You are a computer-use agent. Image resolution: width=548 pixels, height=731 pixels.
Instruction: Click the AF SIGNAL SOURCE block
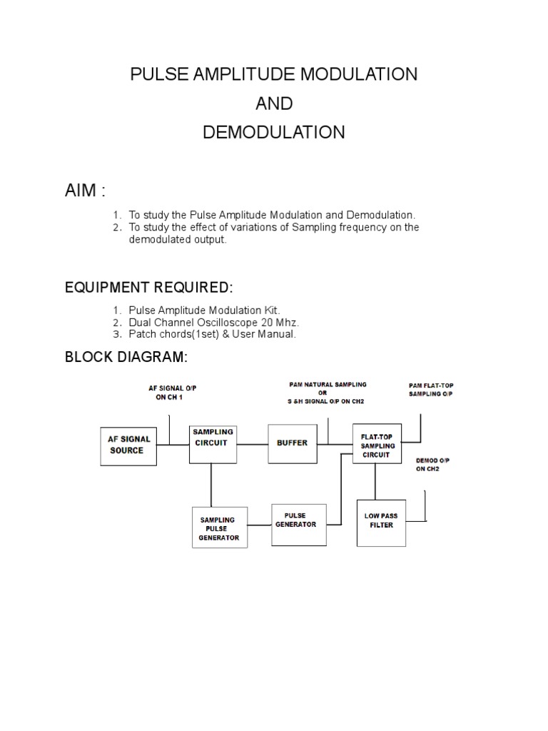pyautogui.click(x=128, y=445)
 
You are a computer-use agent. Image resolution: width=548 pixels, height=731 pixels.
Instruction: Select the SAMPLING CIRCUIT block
pyautogui.click(x=212, y=443)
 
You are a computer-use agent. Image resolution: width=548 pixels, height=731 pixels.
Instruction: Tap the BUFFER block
pyautogui.click(x=292, y=443)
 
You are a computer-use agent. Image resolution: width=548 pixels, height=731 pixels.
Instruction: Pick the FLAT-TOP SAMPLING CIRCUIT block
pyautogui.click(x=377, y=443)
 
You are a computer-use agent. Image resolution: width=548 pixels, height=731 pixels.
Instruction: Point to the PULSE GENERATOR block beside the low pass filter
pyautogui.click(x=299, y=524)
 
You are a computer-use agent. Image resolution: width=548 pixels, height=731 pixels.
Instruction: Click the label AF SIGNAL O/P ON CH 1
pyautogui.click(x=172, y=393)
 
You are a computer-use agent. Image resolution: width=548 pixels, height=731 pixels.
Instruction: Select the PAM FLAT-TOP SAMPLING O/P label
pyautogui.click(x=430, y=390)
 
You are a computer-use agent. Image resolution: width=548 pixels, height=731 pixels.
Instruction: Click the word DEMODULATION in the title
pyautogui.click(x=274, y=132)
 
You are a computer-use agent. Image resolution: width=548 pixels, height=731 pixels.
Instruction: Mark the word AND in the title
pyautogui.click(x=274, y=104)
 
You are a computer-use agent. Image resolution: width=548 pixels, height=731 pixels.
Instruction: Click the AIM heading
pyautogui.click(x=85, y=191)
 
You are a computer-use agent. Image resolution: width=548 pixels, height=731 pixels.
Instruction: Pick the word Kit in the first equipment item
pyautogui.click(x=271, y=311)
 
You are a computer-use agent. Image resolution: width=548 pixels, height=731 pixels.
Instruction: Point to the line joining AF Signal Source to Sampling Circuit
pyautogui.click(x=173, y=445)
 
